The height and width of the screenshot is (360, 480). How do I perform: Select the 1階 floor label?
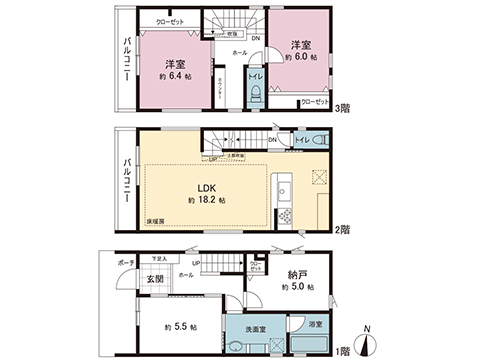[x=343, y=352]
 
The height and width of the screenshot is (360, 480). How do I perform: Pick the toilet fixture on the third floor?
[x=256, y=94]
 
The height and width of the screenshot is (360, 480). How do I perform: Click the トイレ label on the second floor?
[x=304, y=139]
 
